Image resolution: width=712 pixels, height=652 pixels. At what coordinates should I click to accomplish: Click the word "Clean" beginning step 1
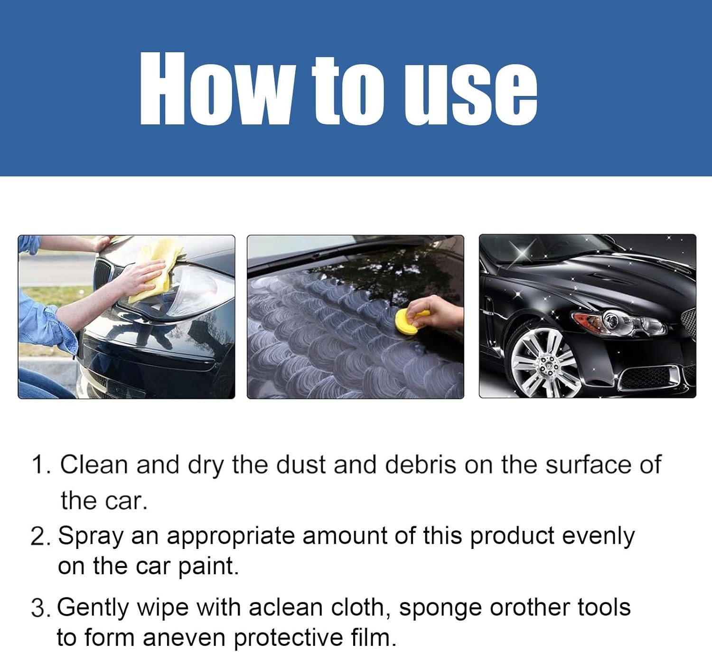click(94, 464)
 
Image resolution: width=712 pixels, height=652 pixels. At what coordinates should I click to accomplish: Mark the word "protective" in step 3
click(289, 638)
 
